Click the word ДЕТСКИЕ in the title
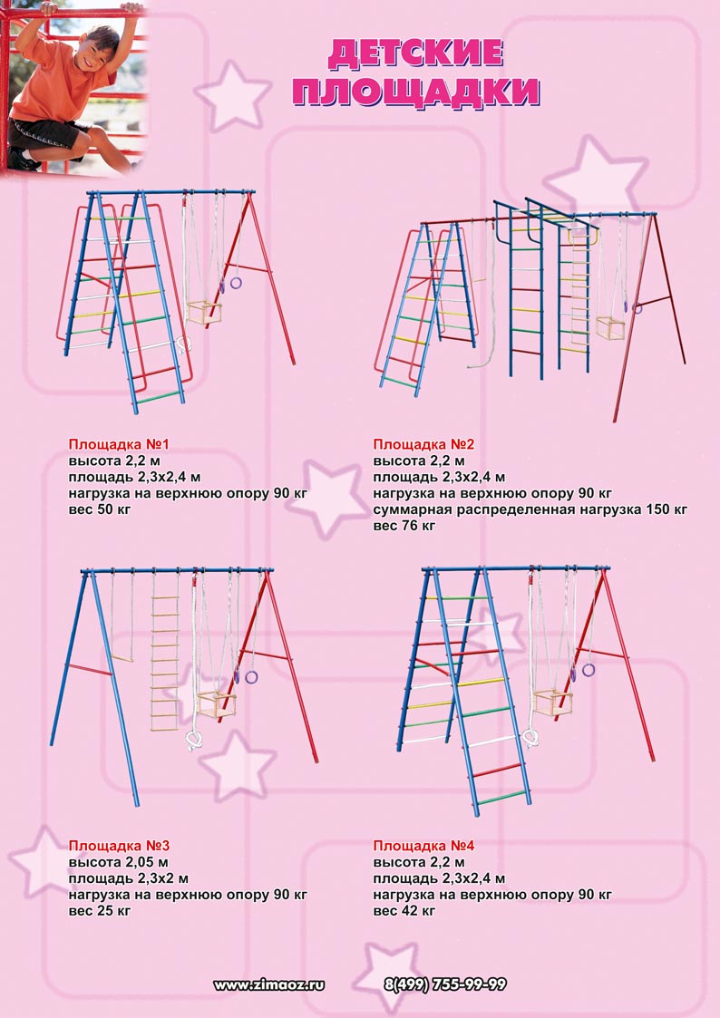415,53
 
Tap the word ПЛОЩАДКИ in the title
416,92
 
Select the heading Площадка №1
119,445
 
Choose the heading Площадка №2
424,445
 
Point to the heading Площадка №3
119,846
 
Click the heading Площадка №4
424,846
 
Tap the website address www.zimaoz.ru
268,984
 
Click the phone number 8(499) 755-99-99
445,984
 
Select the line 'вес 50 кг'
100,509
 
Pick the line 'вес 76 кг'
404,526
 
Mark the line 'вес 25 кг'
100,911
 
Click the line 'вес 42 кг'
404,911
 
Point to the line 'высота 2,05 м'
118,863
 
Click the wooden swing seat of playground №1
204,313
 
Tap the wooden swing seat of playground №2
611,328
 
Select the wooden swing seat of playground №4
553,703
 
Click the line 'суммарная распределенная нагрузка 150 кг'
530,509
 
